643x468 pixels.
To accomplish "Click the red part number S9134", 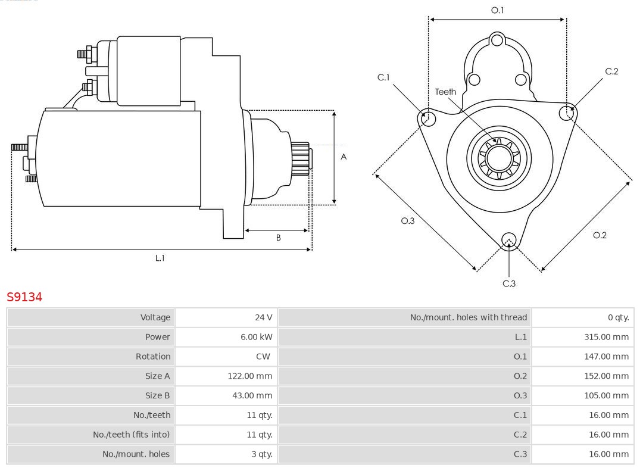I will click(24, 297).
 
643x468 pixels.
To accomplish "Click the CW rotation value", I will click(263, 357).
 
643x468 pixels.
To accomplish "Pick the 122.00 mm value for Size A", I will click(249, 376).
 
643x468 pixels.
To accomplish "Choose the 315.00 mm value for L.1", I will click(606, 337).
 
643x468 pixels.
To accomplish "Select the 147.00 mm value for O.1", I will click(606, 357).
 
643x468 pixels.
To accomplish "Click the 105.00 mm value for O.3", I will click(606, 396).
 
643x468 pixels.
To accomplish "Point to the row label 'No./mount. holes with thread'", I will click(468, 317).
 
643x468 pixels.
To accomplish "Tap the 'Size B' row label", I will click(157, 396).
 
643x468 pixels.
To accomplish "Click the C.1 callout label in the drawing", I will click(383, 77).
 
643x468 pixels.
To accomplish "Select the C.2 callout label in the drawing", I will click(611, 71).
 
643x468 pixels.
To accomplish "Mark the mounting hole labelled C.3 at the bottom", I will click(508, 240).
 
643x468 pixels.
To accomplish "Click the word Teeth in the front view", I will click(445, 92).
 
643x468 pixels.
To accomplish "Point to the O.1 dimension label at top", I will click(497, 10).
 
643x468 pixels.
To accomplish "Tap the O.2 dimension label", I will click(600, 235).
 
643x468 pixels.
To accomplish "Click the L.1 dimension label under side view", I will click(160, 258).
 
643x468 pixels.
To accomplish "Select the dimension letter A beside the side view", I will click(344, 157).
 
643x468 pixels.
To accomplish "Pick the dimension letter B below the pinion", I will click(278, 238).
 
